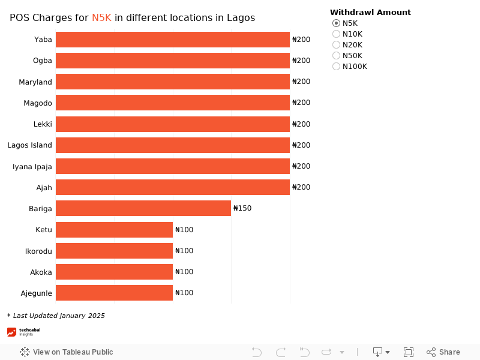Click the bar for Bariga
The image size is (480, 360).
click(x=143, y=208)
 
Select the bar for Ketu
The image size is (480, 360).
click(x=114, y=230)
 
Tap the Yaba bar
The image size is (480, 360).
click(x=173, y=40)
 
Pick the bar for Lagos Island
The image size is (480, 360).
click(x=173, y=145)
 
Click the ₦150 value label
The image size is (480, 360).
click(x=242, y=208)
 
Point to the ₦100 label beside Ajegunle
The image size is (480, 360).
click(x=184, y=293)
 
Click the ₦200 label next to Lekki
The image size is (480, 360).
click(x=301, y=124)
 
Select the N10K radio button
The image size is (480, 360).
click(x=336, y=34)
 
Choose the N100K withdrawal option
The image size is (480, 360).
click(x=336, y=67)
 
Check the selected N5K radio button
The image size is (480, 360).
click(x=336, y=23)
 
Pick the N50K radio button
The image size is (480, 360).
click(x=336, y=56)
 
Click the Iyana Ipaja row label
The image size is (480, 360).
click(x=32, y=166)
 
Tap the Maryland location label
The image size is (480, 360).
click(x=35, y=82)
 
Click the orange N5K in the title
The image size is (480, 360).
click(x=101, y=18)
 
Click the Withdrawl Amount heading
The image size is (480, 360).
click(x=370, y=12)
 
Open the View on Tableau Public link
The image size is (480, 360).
click(x=67, y=352)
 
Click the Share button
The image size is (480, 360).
click(x=443, y=352)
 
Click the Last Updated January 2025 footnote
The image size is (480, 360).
click(x=56, y=316)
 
